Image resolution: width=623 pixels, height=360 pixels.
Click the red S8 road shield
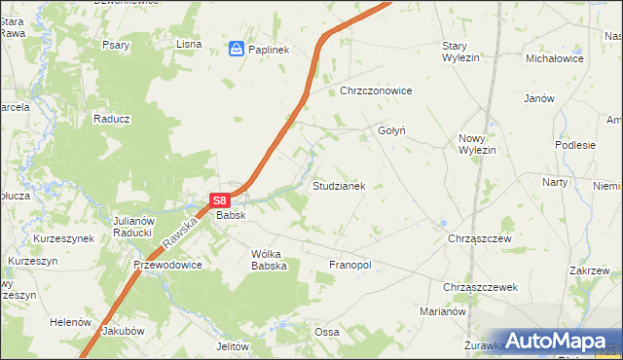(219, 199)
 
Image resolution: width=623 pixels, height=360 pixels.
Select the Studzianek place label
(338, 185)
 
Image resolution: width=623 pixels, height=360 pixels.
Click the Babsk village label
(231, 215)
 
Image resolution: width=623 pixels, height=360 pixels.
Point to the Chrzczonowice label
(377, 90)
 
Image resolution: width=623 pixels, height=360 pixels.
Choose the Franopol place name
(351, 265)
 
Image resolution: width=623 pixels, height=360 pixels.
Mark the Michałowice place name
(554, 58)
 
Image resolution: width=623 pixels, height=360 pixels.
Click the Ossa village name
(326, 332)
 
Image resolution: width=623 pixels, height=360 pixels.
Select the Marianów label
(445, 312)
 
